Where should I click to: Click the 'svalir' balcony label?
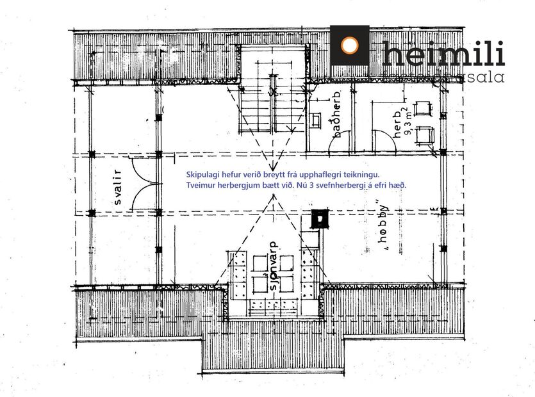[x=119, y=186]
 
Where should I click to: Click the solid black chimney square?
[x=317, y=218]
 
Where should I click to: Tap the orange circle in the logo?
[x=349, y=45]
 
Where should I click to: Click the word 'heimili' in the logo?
[x=443, y=54]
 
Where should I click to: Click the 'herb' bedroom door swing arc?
[x=383, y=141]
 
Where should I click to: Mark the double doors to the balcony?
[x=142, y=183]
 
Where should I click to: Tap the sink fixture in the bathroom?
[x=315, y=119]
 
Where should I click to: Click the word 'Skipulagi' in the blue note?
[x=202, y=174]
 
